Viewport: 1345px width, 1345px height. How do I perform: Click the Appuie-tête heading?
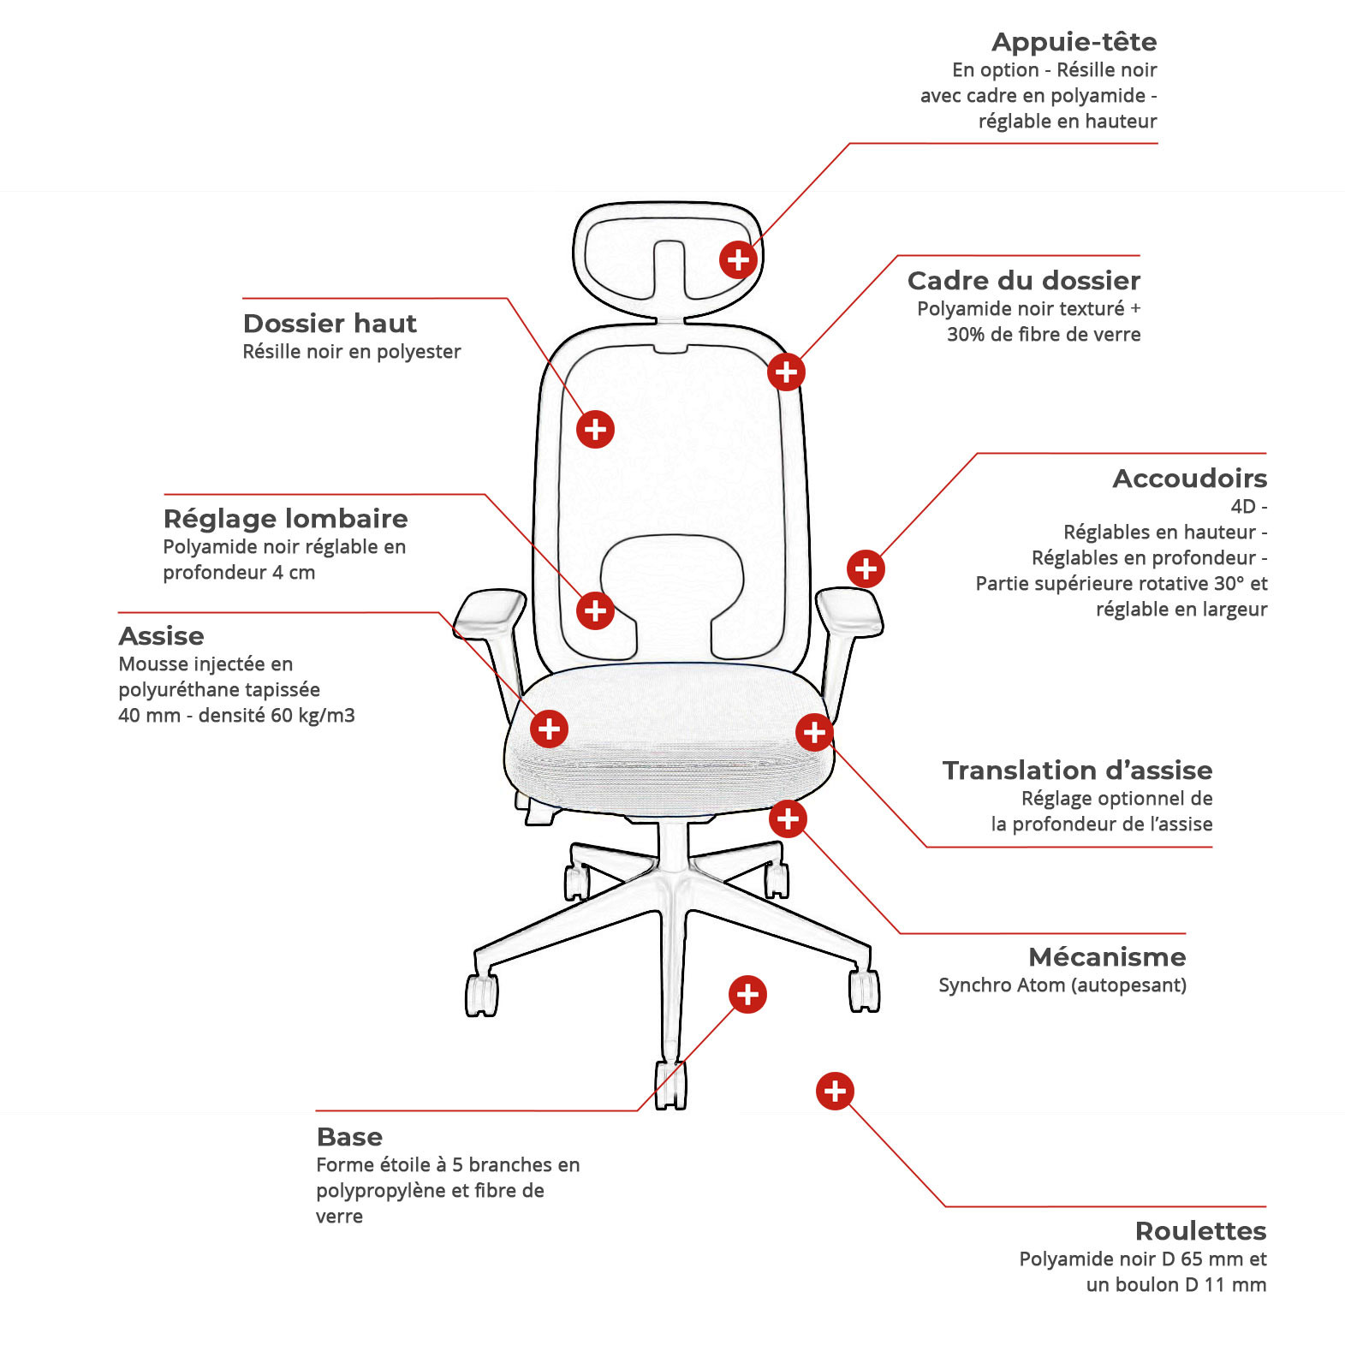[1074, 42]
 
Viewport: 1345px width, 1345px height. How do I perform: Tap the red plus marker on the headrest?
[738, 259]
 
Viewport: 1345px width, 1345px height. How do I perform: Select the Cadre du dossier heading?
[1024, 281]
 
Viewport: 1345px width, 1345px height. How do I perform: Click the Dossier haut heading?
[330, 324]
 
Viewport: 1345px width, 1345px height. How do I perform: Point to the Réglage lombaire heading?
[285, 519]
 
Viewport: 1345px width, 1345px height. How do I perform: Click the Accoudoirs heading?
[1189, 479]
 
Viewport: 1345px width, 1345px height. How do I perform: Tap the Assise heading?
[161, 636]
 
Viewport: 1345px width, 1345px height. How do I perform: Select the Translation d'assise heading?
[1077, 771]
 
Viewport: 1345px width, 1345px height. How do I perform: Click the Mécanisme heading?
[1107, 957]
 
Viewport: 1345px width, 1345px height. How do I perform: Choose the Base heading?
[349, 1137]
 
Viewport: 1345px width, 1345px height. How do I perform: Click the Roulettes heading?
[1200, 1231]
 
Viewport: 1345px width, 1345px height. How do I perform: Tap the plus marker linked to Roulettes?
[835, 1091]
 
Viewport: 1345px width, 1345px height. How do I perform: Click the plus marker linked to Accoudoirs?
[866, 568]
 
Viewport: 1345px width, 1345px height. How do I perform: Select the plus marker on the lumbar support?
[595, 610]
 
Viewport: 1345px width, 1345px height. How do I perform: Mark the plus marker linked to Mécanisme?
[788, 818]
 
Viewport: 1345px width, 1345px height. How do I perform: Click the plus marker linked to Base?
[747, 994]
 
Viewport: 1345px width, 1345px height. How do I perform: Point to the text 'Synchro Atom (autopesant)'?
[1062, 985]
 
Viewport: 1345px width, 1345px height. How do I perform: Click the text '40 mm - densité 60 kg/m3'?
[236, 716]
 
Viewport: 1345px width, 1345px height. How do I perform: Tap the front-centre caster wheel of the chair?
[670, 1086]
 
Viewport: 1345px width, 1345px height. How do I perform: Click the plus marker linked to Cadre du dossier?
[786, 372]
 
